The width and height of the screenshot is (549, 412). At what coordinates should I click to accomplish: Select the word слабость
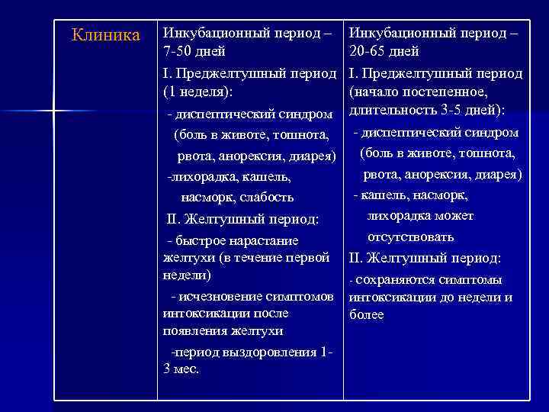click(267, 198)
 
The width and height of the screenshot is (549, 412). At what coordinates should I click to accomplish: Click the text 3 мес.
click(181, 369)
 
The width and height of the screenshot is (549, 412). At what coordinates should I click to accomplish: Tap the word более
click(366, 314)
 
